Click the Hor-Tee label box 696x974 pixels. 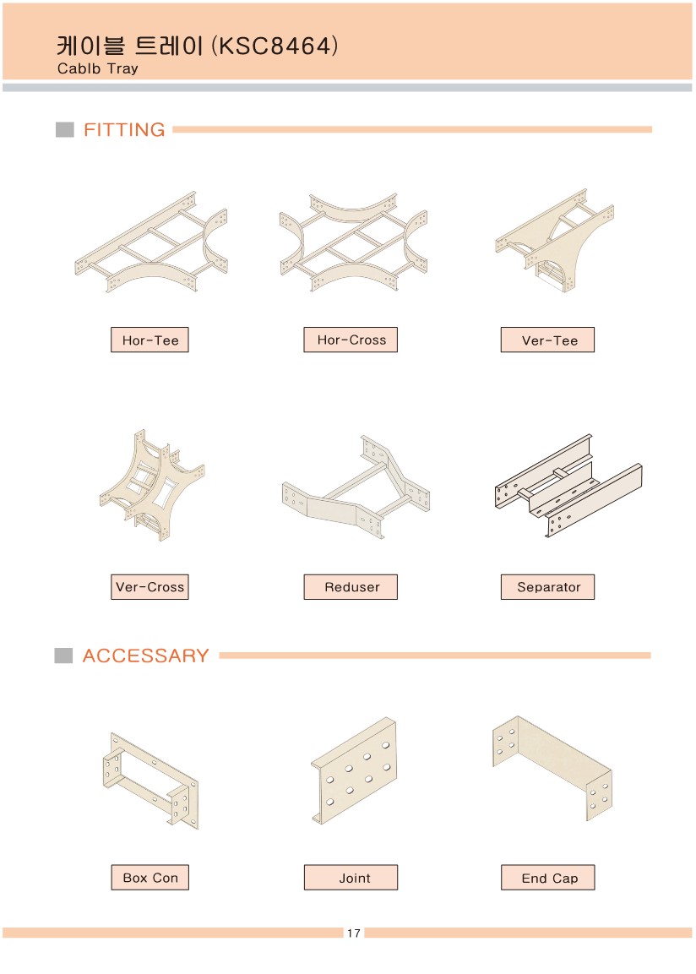click(150, 340)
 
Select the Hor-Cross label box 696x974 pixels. click(351, 340)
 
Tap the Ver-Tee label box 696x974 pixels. click(547, 340)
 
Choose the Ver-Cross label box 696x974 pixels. click(150, 587)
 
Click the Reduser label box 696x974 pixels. click(351, 587)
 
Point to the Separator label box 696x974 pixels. click(547, 587)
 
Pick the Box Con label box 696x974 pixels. click(150, 878)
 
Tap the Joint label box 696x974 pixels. click(351, 878)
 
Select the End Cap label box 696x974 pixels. click(548, 878)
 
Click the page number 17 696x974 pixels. click(354, 933)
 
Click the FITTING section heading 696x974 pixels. click(124, 130)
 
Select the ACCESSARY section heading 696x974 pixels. click(145, 656)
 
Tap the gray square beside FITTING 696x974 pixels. click(64, 129)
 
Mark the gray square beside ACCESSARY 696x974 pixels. click(63, 656)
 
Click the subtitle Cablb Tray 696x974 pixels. click(97, 68)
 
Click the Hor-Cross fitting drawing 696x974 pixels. click(354, 242)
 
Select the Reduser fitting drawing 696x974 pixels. click(356, 487)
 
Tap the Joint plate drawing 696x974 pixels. click(354, 771)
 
